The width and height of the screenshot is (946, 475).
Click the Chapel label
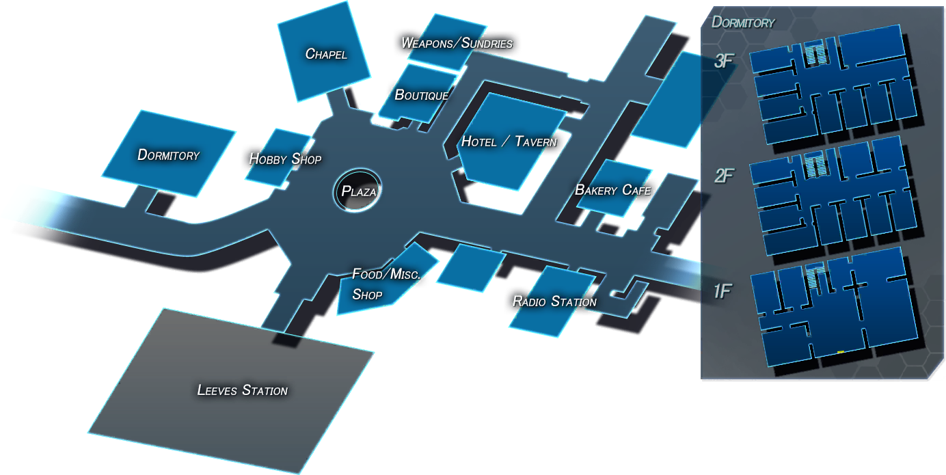pos(326,54)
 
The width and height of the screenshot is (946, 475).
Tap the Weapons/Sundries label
pos(457,43)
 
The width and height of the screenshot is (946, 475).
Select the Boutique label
pos(422,95)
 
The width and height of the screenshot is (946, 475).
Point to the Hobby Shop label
pos(285,159)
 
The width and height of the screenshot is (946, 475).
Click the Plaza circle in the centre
pos(357,191)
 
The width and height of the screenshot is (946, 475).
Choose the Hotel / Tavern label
pos(509,141)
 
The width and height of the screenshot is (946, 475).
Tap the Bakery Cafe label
pos(612,190)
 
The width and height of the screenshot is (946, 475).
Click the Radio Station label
pos(554,301)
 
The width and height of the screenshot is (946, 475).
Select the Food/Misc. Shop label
pos(386,284)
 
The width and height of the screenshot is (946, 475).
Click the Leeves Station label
pos(243,390)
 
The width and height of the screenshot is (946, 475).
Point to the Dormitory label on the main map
pos(168,155)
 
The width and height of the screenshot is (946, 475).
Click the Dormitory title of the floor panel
pos(743,22)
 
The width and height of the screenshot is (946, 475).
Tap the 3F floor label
pos(723,62)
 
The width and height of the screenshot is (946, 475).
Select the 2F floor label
pos(724,176)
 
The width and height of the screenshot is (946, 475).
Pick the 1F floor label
pos(722,291)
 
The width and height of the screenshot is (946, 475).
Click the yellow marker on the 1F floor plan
pos(841,352)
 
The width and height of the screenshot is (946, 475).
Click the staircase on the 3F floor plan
pos(815,53)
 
